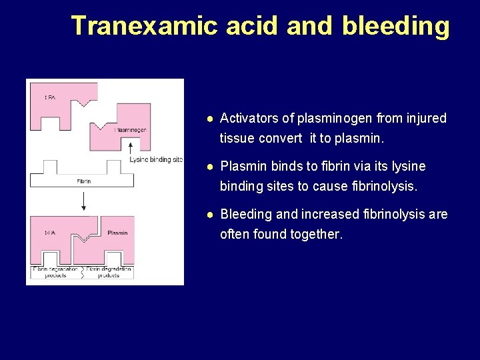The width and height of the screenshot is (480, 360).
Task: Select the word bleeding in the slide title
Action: [395, 25]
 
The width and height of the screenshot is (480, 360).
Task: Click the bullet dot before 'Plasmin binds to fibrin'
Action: [209, 166]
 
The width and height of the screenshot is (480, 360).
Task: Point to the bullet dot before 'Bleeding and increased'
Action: [209, 215]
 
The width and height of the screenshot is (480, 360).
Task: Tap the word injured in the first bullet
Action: [426, 119]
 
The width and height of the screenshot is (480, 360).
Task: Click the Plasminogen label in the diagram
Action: [131, 130]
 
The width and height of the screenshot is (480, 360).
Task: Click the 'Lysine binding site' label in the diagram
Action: [156, 159]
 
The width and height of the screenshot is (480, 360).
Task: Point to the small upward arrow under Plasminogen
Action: [131, 147]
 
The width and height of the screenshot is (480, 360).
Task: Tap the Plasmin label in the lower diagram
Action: [117, 233]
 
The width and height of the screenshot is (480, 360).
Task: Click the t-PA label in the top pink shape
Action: [50, 97]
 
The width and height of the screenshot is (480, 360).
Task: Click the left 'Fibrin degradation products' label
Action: [55, 272]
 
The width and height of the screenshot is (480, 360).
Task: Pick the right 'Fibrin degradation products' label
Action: [109, 272]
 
